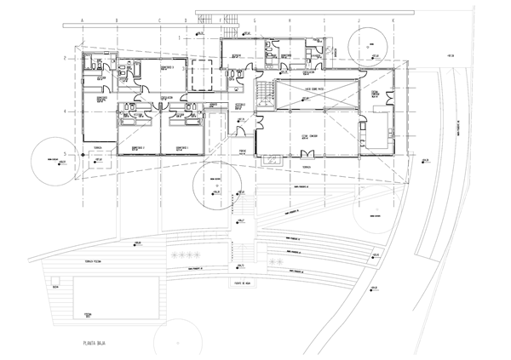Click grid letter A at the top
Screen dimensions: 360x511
pyautogui.click(x=82, y=19)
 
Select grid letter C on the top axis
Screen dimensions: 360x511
pyautogui.click(x=159, y=19)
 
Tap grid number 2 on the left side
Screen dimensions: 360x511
pyautogui.click(x=65, y=58)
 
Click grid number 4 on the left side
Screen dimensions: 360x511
pyautogui.click(x=65, y=111)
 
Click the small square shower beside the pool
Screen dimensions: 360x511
pyautogui.click(x=55, y=287)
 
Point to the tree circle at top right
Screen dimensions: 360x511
pyautogui.click(x=373, y=41)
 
